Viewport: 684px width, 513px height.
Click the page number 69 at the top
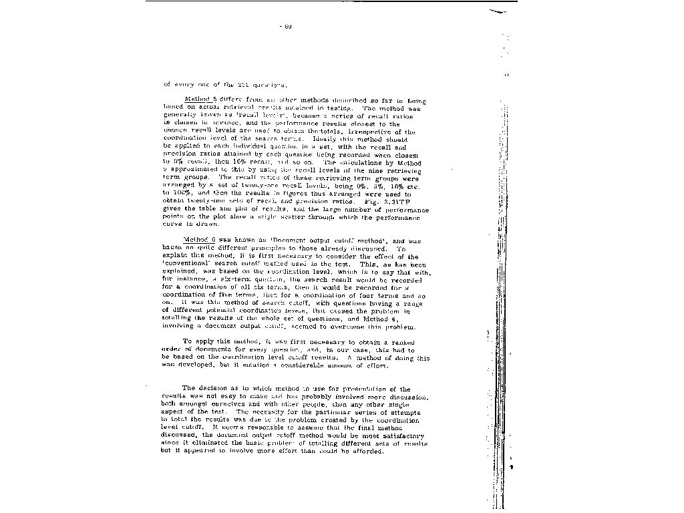coord(287,27)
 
